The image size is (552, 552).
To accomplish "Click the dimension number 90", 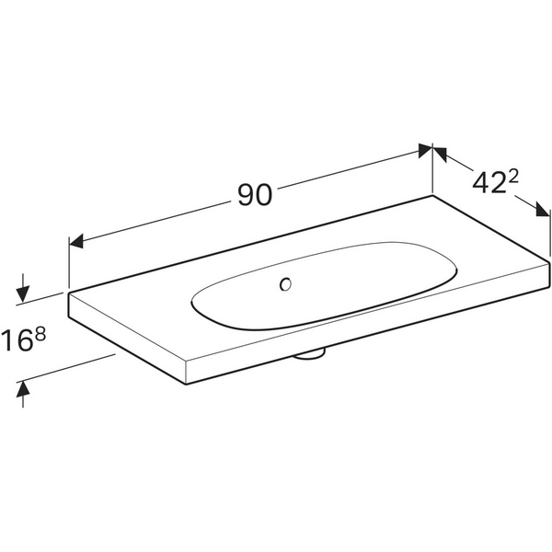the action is pos(255,195).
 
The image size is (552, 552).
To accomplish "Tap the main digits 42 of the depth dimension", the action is pos(489,183).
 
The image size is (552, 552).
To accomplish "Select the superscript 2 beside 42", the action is pos(513,178).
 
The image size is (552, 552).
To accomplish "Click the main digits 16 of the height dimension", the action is pos(17,340).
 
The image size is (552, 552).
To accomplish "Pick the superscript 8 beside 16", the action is pos(40,335).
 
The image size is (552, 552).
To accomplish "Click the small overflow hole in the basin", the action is pos(285,284).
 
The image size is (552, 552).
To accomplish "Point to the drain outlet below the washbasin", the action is pos(310,354).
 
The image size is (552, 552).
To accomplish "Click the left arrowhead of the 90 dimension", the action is pos(75,241).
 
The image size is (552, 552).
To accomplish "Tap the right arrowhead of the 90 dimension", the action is pos(425,151).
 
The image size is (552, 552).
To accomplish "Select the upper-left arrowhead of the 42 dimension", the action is pos(440,154).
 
